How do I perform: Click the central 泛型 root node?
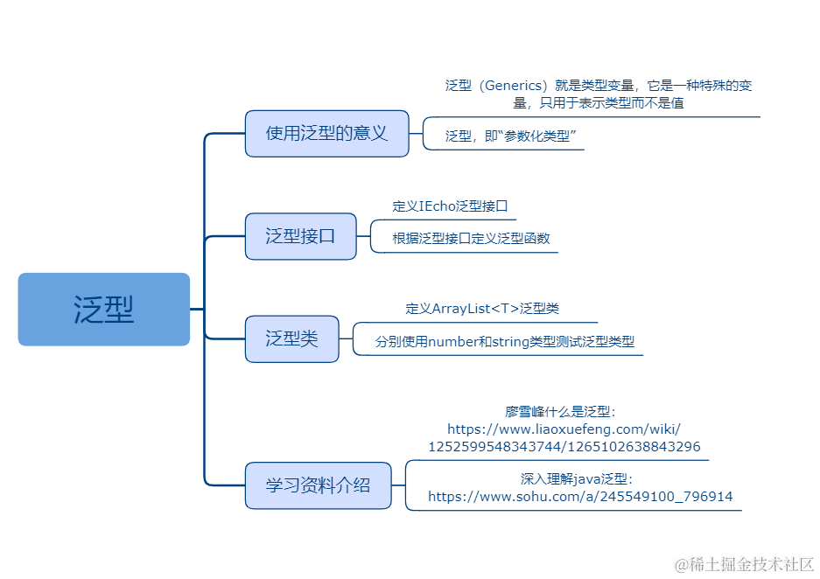[104, 310]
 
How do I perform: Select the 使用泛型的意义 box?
[326, 133]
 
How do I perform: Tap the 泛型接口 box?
[300, 236]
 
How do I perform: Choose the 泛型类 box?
[291, 338]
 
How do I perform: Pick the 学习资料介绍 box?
[318, 485]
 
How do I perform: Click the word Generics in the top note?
[515, 86]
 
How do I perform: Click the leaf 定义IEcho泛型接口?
[450, 206]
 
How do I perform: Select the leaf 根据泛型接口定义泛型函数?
[471, 238]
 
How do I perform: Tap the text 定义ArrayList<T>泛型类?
[482, 309]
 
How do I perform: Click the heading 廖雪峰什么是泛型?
[561, 411]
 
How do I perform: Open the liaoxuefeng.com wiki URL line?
[564, 429]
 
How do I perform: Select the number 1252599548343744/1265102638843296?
[564, 446]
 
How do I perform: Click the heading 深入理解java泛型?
[576, 478]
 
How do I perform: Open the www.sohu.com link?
[580, 497]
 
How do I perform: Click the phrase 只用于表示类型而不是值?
[612, 102]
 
